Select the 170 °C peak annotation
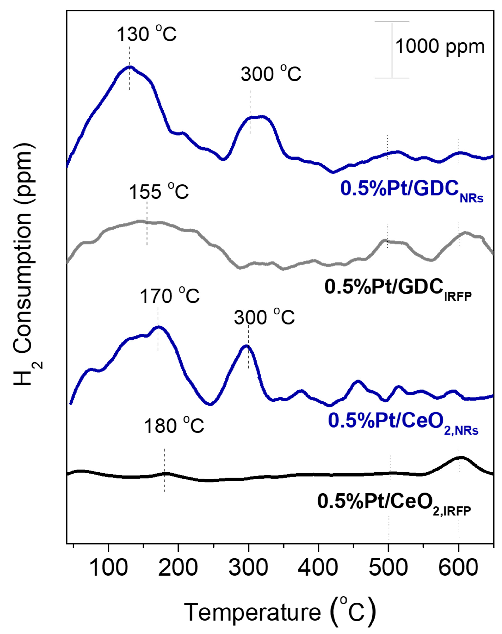tap(170, 296)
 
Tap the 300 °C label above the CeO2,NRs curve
tap(264, 318)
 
